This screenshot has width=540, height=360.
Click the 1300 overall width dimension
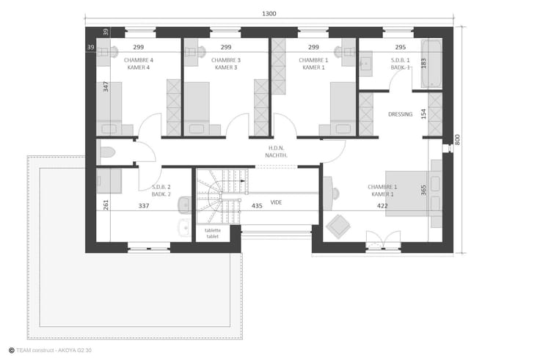coord(269,14)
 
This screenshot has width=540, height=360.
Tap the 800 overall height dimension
coord(457,139)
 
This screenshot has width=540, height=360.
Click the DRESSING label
coord(400,114)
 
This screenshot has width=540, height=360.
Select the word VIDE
coord(276,202)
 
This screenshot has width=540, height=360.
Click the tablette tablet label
coord(213,233)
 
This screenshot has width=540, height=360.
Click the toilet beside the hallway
coord(107,152)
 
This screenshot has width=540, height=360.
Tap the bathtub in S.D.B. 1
coord(431,64)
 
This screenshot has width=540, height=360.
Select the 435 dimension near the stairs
coord(257,206)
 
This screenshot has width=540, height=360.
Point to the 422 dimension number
coord(382,206)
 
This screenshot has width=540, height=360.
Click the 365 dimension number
coord(423,190)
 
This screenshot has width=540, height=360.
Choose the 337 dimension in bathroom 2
coord(144,206)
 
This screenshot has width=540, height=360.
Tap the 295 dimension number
coord(401,47)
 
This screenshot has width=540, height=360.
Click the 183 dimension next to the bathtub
coord(423,63)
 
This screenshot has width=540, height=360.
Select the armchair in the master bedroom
coord(338,227)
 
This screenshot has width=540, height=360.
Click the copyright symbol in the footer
coord(11,350)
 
